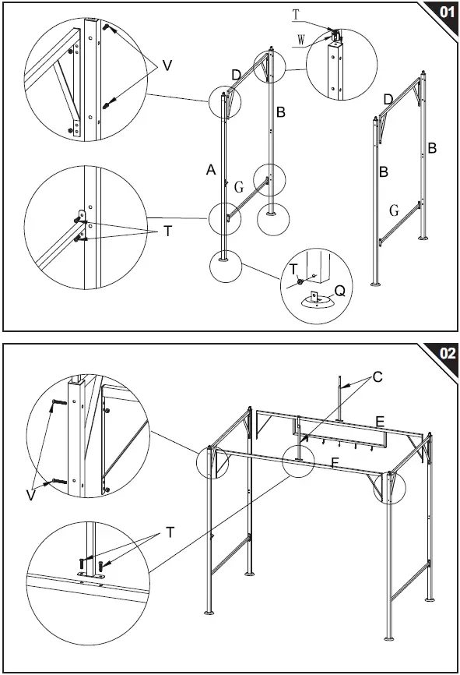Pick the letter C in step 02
point(377,377)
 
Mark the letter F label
point(335,461)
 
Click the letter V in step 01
point(167,66)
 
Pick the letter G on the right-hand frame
point(394,210)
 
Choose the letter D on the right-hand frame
point(388,98)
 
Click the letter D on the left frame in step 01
point(236,74)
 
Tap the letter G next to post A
point(238,187)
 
